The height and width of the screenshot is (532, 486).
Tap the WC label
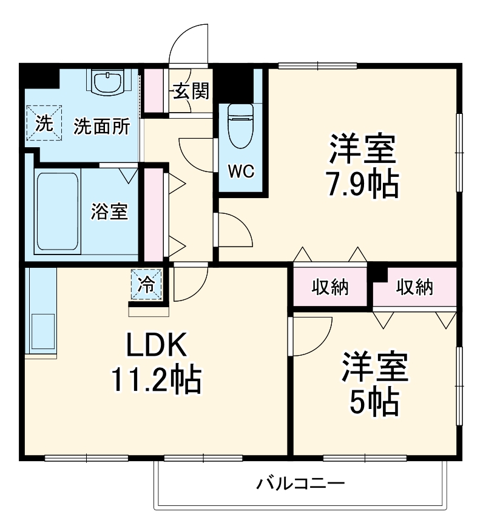240,171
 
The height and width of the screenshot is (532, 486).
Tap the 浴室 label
109,211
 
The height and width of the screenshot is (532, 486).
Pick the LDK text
155,347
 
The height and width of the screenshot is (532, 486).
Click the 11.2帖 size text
155,380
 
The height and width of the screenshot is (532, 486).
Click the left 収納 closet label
330,287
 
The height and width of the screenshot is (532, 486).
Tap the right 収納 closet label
415,287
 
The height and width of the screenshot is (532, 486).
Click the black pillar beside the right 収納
380,273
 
